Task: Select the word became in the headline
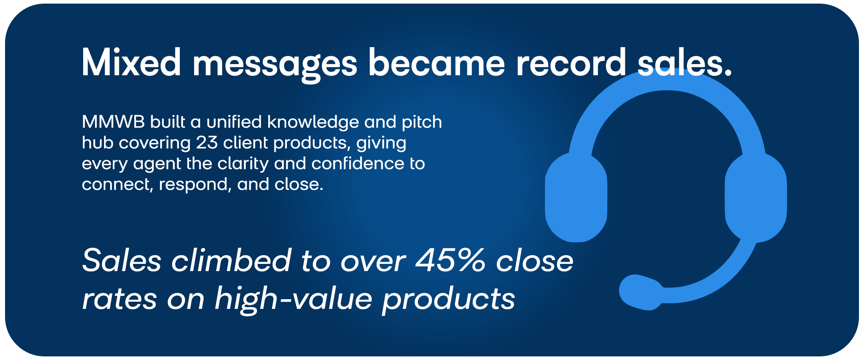(x=436, y=63)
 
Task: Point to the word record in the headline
(x=571, y=63)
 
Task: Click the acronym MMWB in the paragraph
(x=113, y=122)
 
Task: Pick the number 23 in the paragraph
(x=207, y=143)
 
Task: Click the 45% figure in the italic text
(x=450, y=260)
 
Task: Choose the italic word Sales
(x=122, y=260)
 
